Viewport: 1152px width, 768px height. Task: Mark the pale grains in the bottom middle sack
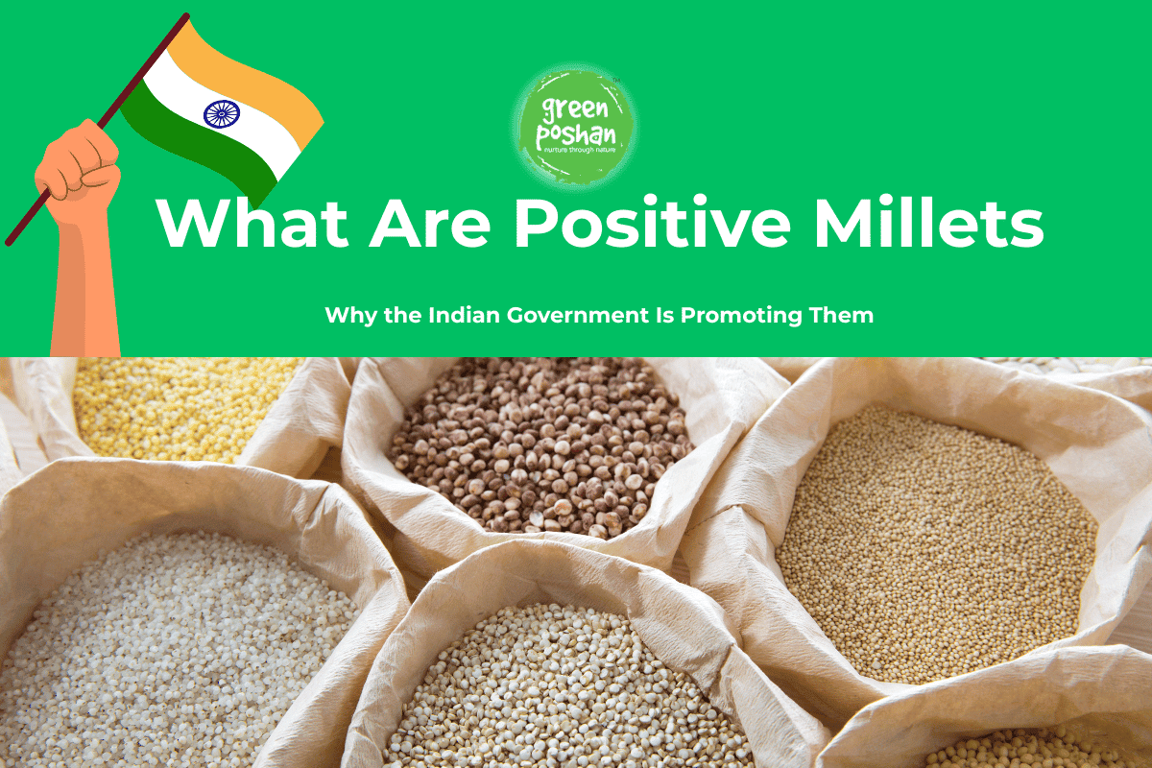566,691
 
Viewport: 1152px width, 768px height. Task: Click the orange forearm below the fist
86,288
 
